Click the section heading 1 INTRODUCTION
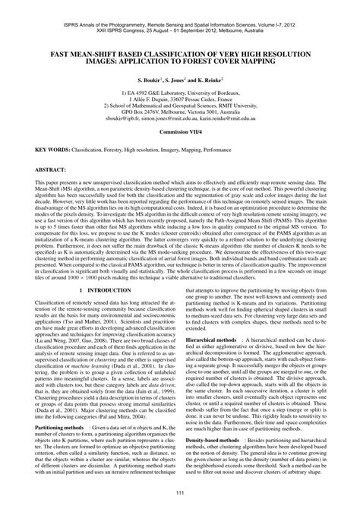[95, 311]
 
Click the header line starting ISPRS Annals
[180, 6]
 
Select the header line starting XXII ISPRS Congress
[180, 13]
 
